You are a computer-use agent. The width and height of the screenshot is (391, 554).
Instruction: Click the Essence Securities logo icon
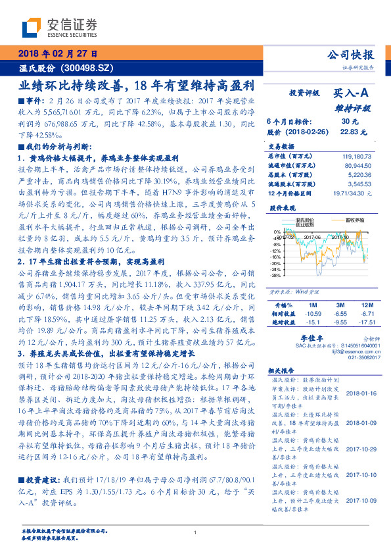pos(32,27)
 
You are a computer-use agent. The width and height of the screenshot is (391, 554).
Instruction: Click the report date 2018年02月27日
pos(55,53)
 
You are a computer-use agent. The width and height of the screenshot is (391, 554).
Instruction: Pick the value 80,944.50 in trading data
pos(359,166)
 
